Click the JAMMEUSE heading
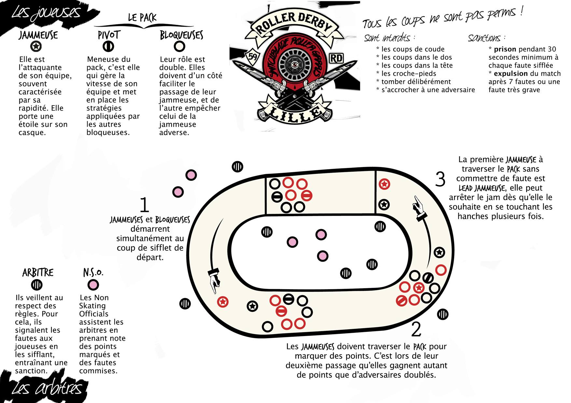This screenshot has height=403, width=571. click(38, 35)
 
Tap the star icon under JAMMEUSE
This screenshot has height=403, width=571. click(36, 46)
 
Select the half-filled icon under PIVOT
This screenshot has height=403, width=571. click(108, 46)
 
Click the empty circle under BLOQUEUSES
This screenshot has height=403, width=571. click(179, 46)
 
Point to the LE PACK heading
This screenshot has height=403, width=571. click(142, 18)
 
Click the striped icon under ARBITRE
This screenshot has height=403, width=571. click(37, 285)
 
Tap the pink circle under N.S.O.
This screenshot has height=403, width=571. click(93, 285)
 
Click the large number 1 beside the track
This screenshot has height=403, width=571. click(144, 205)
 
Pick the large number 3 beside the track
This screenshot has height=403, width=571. click(440, 179)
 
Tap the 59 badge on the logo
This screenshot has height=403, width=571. click(253, 56)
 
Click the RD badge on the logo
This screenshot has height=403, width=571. click(336, 58)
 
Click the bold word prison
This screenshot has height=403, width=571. click(505, 49)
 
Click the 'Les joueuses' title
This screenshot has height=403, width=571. click(46, 13)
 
